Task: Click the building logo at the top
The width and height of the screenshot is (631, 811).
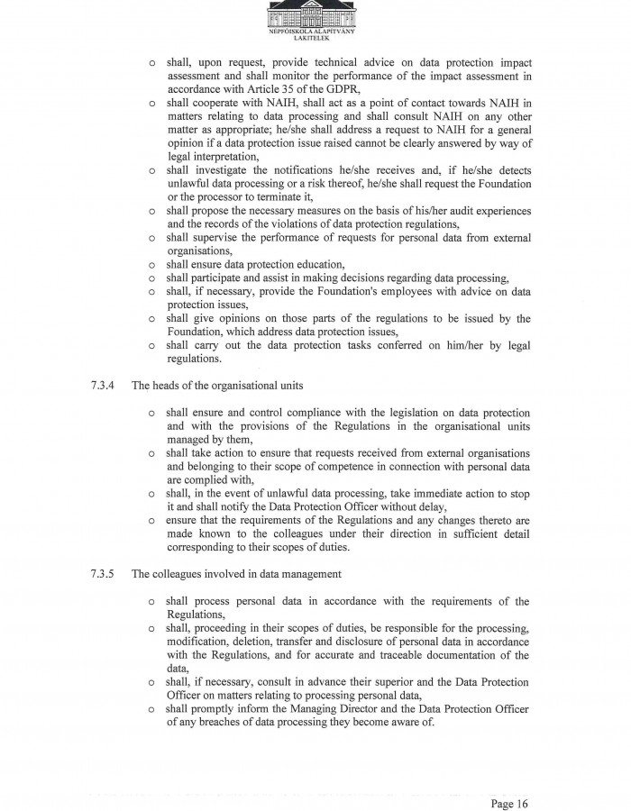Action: click(312, 14)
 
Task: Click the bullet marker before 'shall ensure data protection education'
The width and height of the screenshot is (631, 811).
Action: click(152, 265)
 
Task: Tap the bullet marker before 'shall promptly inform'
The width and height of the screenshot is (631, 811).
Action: click(152, 709)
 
